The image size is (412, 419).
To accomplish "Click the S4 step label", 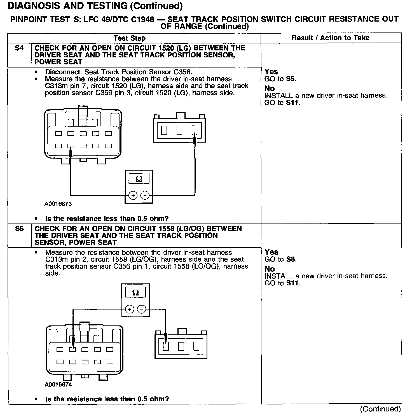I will pos(19,48).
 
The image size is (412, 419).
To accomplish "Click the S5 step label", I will pos(19,229).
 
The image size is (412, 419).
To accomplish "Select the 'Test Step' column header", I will pos(130,38).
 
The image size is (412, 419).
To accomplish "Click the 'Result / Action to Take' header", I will pos(331,38).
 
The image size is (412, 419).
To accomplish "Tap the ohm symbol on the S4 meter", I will pos(139,179).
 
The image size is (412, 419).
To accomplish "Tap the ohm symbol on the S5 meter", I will pos(135,293).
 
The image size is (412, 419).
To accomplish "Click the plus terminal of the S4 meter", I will pos(133,195).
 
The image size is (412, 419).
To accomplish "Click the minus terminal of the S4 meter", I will pos(145,195).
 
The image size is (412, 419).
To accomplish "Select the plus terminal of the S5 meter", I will pos(129,309).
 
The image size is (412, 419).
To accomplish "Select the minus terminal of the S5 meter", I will pos(142,309).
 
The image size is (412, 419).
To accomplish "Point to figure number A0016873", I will pos(58,204).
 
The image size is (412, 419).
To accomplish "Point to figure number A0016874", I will pos(58,385).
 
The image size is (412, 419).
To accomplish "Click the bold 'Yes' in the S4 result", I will pos(271,72).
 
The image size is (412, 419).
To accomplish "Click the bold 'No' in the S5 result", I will pos(270,269).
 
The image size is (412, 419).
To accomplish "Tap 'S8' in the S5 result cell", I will pos(291,259).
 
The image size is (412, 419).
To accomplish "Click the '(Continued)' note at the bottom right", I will pos(380,409).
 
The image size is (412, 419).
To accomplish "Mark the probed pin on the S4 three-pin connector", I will pos(195,130).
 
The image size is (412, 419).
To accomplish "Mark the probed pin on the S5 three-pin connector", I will pos(166,346).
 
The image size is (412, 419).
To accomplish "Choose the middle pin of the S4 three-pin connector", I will pos(179,130).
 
